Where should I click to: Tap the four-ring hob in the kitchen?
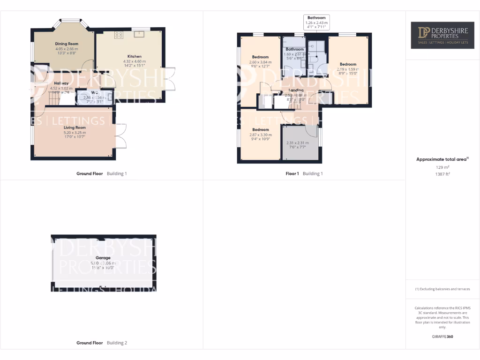tap(119, 34)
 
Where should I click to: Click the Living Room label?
tap(75, 127)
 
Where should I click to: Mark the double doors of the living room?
tap(121, 136)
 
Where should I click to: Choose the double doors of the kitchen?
tap(170, 79)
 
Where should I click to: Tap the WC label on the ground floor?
tap(95, 92)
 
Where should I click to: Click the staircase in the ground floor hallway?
tap(55, 99)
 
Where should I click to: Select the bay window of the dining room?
tap(72, 22)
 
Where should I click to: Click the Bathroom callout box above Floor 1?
tap(316, 22)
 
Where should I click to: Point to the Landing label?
tap(296, 90)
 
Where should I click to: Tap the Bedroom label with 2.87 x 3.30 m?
tap(261, 130)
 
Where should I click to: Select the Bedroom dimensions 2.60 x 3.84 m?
tap(260, 62)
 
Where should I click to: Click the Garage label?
tap(103, 258)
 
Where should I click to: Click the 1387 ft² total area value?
tap(442, 173)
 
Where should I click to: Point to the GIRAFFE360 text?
tap(442, 337)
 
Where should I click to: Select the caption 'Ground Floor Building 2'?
tap(102, 343)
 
